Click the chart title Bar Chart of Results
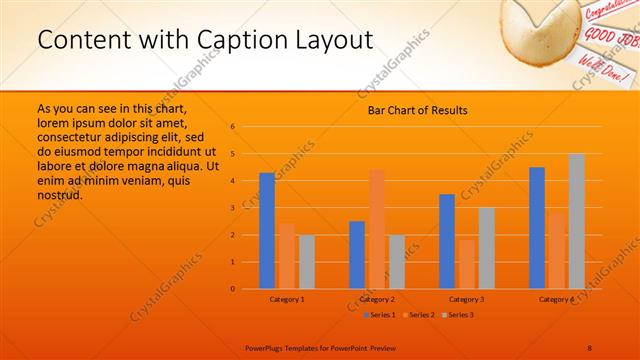pyautogui.click(x=411, y=110)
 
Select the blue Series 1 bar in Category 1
pyautogui.click(x=267, y=231)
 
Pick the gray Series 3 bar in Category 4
pyautogui.click(x=577, y=221)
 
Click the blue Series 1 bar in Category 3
pyautogui.click(x=447, y=241)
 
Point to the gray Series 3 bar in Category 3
pyautogui.click(x=486, y=248)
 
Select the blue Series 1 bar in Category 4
pyautogui.click(x=537, y=228)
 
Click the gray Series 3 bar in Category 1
pyautogui.click(x=306, y=262)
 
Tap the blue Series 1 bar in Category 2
pyautogui.click(x=357, y=255)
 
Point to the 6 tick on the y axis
pyautogui.click(x=232, y=127)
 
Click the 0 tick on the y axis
pyautogui.click(x=232, y=289)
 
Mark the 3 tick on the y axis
pyautogui.click(x=232, y=208)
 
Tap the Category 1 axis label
pyautogui.click(x=287, y=299)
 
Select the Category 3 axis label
pyautogui.click(x=466, y=299)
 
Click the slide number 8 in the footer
pyautogui.click(x=590, y=347)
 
